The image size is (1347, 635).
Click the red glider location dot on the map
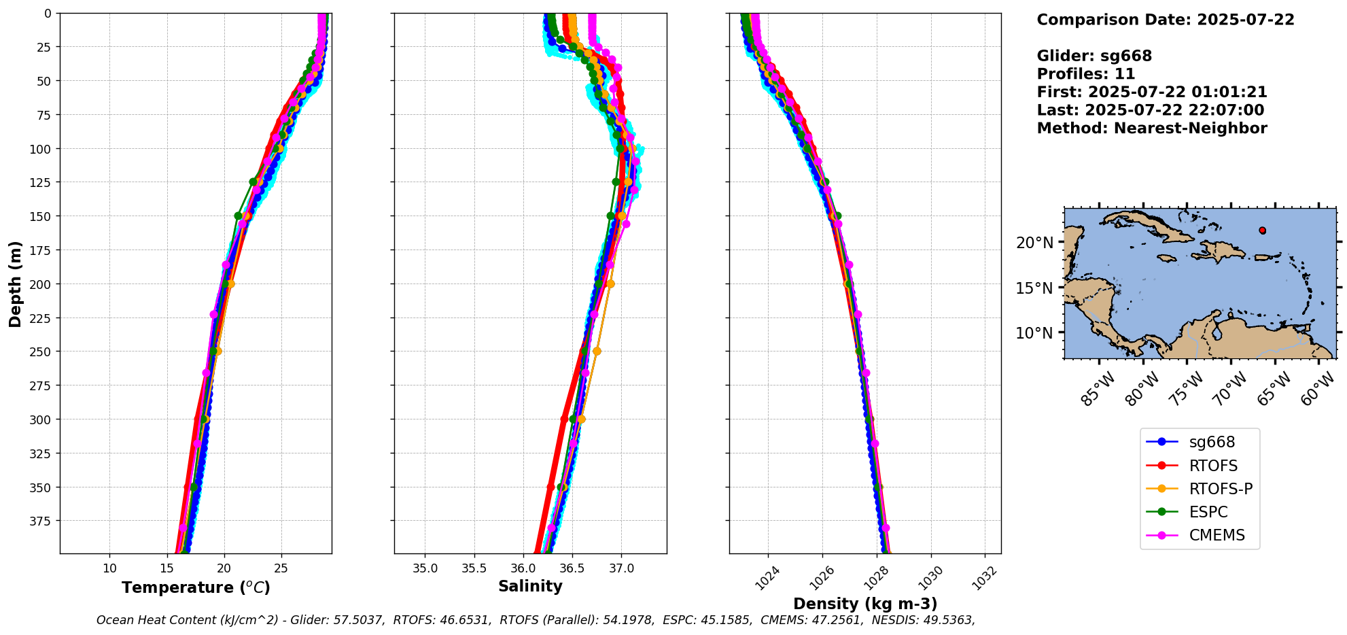[x=1262, y=230]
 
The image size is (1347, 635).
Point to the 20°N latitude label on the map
[x=1034, y=243]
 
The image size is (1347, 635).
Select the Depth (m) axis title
[x=15, y=284]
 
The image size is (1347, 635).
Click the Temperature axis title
[x=196, y=587]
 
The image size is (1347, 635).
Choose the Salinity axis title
[x=530, y=586]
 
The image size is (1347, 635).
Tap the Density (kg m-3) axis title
[x=865, y=604]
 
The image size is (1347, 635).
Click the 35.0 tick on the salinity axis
[x=425, y=568]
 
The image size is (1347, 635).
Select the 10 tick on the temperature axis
[x=109, y=568]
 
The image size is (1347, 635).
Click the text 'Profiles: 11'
[x=1085, y=74]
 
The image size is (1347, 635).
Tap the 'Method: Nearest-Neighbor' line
[x=1151, y=128]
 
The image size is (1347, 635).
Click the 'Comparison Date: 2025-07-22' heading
[x=1165, y=20]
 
